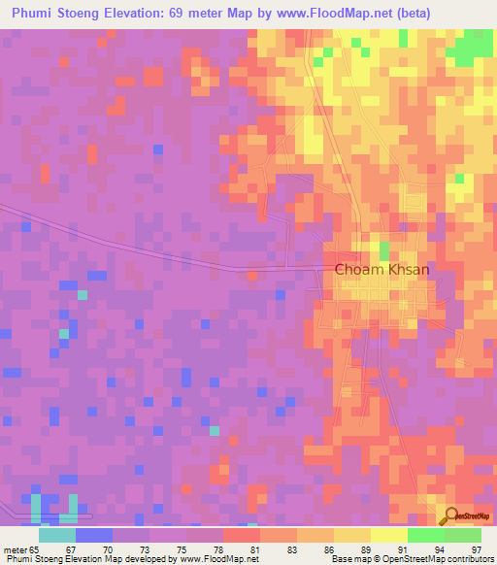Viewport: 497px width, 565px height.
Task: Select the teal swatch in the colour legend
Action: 57,535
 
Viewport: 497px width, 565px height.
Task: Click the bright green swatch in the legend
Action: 425,535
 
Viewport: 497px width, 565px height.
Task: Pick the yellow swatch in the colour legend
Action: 388,535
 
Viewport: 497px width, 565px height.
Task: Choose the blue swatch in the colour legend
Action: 94,535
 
